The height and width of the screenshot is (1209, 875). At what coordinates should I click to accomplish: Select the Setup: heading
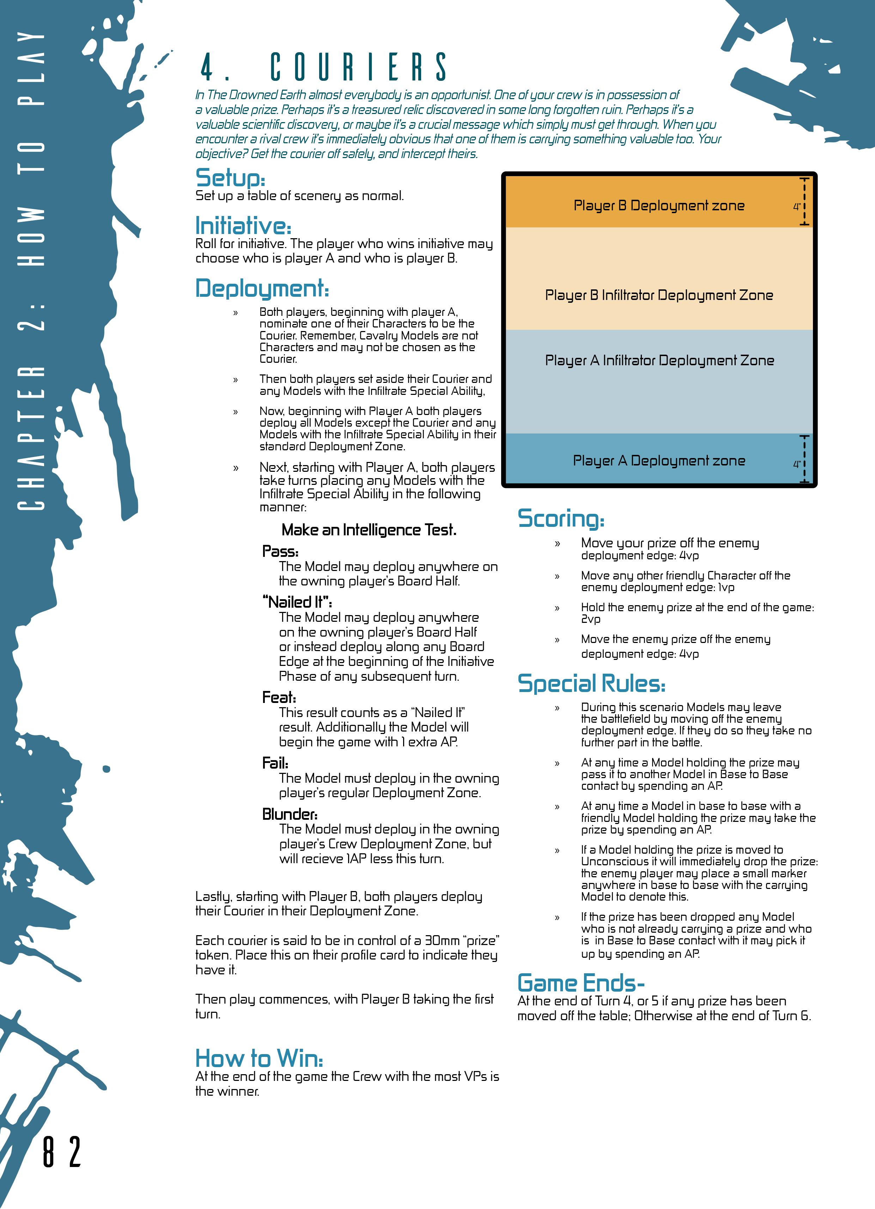230,178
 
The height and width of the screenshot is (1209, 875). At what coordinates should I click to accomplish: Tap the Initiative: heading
243,225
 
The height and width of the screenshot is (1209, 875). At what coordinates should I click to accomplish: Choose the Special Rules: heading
591,684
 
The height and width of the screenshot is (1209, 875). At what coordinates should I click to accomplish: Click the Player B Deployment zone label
659,206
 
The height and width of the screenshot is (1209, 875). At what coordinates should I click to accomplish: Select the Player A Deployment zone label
659,461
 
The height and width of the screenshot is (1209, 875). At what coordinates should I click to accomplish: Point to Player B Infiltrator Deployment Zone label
659,295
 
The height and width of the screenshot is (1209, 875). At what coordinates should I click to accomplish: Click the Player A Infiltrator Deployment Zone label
659,360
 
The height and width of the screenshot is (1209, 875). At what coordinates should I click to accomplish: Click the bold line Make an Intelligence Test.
369,530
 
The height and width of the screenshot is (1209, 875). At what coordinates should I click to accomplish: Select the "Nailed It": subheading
297,602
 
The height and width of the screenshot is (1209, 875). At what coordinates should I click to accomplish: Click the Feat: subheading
279,697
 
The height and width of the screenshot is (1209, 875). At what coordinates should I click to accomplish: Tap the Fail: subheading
275,763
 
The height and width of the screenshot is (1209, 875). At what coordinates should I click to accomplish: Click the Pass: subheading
280,551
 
